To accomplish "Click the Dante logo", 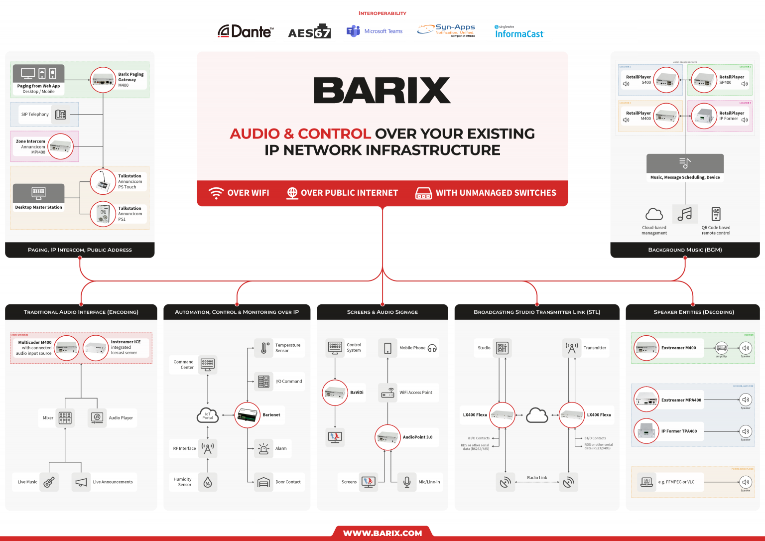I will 246,32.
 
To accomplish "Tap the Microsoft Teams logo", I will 375,31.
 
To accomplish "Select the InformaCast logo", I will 519,32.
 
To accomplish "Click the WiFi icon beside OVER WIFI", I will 216,193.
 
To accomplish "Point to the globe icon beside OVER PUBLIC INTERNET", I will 292,193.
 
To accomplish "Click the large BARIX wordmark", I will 382,90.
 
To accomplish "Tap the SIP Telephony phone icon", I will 61,115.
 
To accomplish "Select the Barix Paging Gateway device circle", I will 103,80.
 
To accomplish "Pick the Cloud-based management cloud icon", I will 654,214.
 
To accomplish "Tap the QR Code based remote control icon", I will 716,214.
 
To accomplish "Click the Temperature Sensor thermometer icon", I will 264,348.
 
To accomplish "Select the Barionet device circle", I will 247,415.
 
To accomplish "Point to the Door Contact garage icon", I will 263,482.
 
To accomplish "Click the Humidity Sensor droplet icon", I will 208,482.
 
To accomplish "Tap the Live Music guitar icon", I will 49,482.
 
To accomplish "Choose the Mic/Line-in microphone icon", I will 406,482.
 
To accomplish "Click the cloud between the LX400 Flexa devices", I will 537,415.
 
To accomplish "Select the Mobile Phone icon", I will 387,348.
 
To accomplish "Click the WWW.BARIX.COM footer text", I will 382,533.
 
